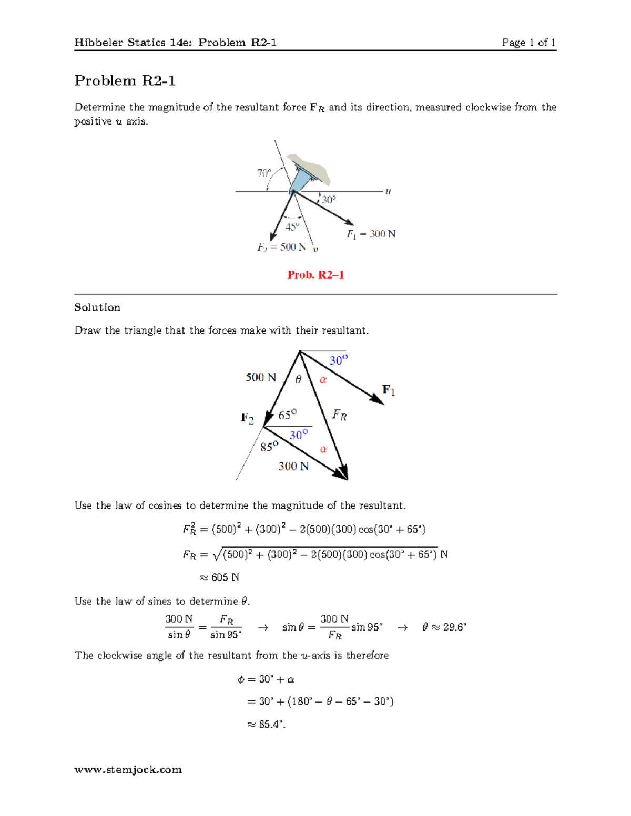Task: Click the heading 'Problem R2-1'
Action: click(125, 80)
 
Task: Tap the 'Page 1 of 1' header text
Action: click(528, 43)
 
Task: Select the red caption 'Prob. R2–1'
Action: click(315, 275)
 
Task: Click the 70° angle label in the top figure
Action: click(264, 173)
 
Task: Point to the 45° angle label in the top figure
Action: click(292, 226)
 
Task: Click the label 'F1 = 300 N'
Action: click(371, 234)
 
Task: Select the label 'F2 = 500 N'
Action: click(281, 247)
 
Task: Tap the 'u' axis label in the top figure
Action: click(388, 191)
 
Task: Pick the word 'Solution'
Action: click(97, 307)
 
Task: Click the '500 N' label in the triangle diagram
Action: click(261, 377)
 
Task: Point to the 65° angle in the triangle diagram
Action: click(287, 415)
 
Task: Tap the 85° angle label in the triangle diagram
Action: click(269, 447)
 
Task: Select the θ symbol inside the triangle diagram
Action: click(298, 379)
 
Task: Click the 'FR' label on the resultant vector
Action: click(339, 416)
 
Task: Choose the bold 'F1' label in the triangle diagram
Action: click(389, 390)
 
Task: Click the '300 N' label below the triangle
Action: click(293, 466)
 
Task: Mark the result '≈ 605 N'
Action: click(220, 577)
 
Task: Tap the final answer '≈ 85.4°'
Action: click(266, 724)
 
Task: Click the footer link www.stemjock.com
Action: click(128, 770)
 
